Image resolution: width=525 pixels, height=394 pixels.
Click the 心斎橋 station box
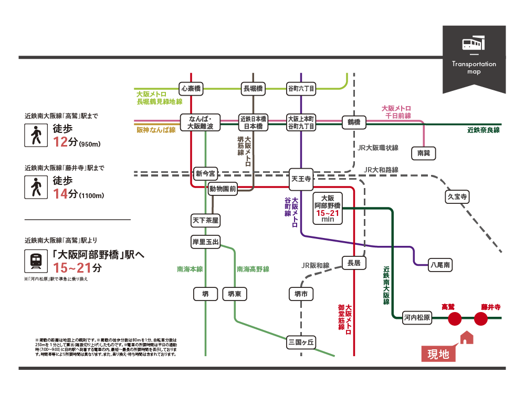coord(191,88)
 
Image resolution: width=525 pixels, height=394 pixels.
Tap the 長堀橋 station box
coord(253,88)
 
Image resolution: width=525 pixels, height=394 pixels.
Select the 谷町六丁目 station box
coord(301,88)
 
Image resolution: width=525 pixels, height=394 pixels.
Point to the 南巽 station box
coord(424,153)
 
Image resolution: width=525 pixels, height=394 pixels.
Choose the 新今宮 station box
coord(205,173)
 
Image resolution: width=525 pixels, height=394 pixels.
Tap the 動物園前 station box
coord(223,188)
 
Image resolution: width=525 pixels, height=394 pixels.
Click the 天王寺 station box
coord(301,179)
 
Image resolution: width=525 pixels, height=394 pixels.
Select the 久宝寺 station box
coord(457,197)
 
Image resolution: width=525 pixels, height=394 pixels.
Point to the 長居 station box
coord(354,263)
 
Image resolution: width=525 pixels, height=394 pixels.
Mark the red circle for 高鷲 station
coord(455,318)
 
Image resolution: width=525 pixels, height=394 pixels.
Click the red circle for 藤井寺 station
coord(481,318)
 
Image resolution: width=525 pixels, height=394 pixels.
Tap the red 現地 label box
coord(438,354)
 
